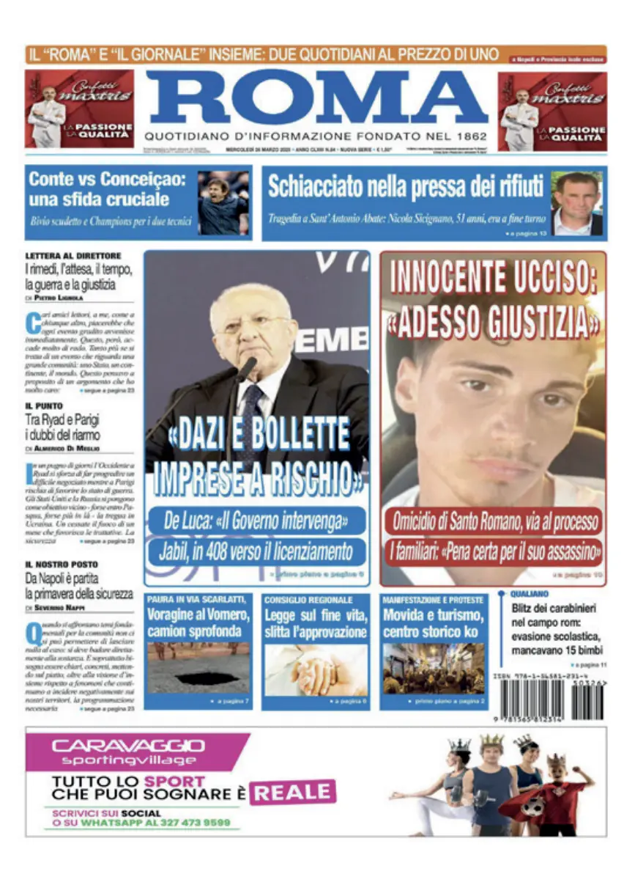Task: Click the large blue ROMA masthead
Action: (x=316, y=98)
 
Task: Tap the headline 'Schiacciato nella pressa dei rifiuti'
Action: (x=405, y=186)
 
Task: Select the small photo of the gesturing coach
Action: (x=223, y=202)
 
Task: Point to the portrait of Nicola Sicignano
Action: (x=576, y=203)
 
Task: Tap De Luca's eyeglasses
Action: (x=253, y=324)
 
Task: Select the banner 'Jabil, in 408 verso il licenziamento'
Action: (x=256, y=551)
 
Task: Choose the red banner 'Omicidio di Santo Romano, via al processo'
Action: (x=494, y=522)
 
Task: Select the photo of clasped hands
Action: (x=316, y=669)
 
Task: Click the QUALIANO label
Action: (x=530, y=594)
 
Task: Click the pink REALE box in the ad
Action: (x=292, y=792)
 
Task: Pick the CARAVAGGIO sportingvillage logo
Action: (x=128, y=752)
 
